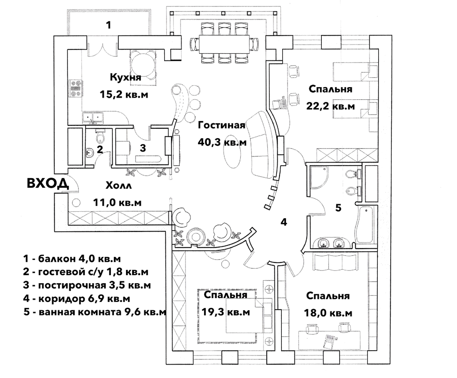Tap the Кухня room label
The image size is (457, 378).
[x=125, y=78]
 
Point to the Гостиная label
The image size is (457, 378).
[x=222, y=125]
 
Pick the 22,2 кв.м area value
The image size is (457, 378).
[x=331, y=106]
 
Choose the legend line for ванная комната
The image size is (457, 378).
[x=95, y=312]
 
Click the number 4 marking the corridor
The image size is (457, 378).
[x=283, y=222]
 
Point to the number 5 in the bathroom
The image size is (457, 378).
[x=338, y=208]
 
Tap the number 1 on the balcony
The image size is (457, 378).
[x=109, y=26]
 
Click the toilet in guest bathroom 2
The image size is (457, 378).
[x=100, y=136]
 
